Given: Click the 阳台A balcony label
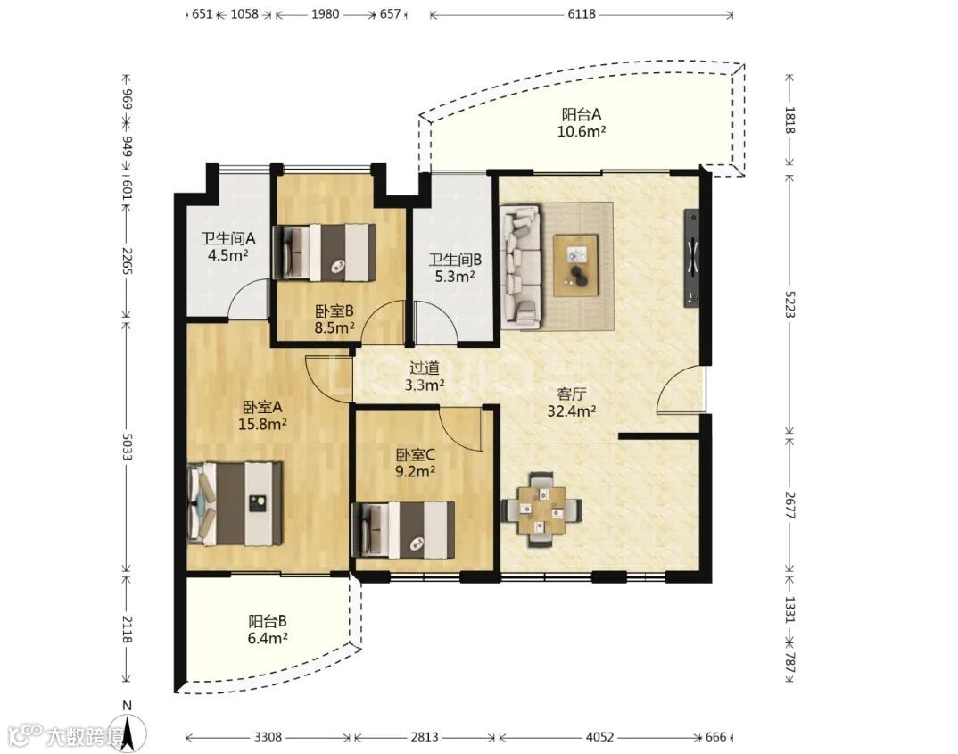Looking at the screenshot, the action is pos(582,114).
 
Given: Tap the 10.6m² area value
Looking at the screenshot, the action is pos(582,131).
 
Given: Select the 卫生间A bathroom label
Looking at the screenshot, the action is pos(227,238).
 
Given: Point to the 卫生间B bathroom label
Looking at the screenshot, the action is pos(455,261).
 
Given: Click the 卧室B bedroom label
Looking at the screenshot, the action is pos(334,311).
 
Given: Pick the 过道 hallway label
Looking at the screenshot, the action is pos(424,368).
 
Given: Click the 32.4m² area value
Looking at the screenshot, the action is pos(571,411).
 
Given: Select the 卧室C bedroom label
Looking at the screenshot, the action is pos(416,455).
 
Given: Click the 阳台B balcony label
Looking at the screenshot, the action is pos(268,622).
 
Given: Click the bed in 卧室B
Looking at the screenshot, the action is pos(325,253).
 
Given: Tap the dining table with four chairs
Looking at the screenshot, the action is pos(541,509).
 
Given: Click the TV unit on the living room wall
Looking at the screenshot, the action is pos(691,258).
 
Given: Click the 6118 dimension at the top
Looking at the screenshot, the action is pos(581,14).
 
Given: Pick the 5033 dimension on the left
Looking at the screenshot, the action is pos(127,447).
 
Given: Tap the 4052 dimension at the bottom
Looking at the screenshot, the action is pos(599,737).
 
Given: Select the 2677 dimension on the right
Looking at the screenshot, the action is pos(789,505).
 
